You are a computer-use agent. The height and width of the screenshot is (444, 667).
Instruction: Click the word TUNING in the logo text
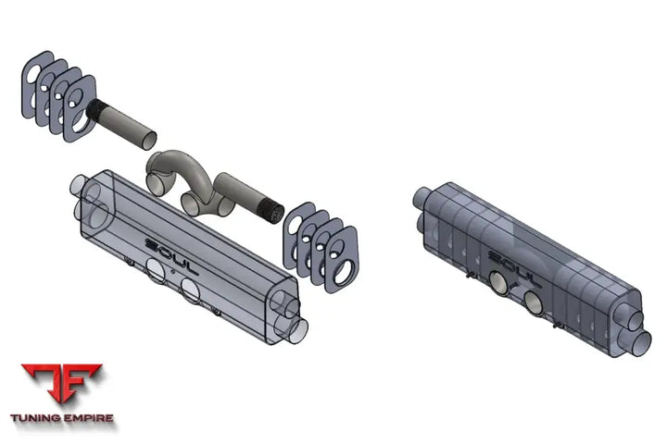point(35,418)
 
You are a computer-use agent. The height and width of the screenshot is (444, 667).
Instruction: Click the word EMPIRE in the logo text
point(89,418)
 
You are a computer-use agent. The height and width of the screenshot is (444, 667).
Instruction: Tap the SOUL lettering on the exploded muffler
point(171,256)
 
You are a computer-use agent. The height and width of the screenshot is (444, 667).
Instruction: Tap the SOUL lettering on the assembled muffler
point(514,268)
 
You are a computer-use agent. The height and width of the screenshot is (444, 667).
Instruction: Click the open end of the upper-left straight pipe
point(149,141)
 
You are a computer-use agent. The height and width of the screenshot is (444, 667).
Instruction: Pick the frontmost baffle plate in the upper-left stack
point(80,109)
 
